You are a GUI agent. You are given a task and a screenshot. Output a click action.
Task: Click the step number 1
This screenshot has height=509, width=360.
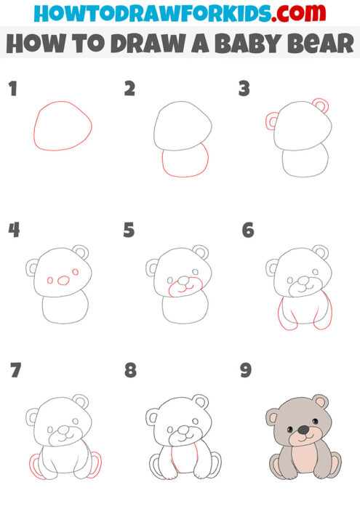(x=12, y=89)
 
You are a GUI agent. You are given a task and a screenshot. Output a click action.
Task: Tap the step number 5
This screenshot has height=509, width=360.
(x=129, y=231)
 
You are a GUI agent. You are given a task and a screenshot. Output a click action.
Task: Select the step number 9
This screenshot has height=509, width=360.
(x=246, y=371)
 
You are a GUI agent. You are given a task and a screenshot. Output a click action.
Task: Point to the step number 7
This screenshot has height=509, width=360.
(x=15, y=371)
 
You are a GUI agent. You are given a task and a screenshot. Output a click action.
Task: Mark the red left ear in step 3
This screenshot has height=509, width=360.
(x=272, y=121)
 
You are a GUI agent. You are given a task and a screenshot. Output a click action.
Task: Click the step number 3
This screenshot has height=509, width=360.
(x=245, y=89)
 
